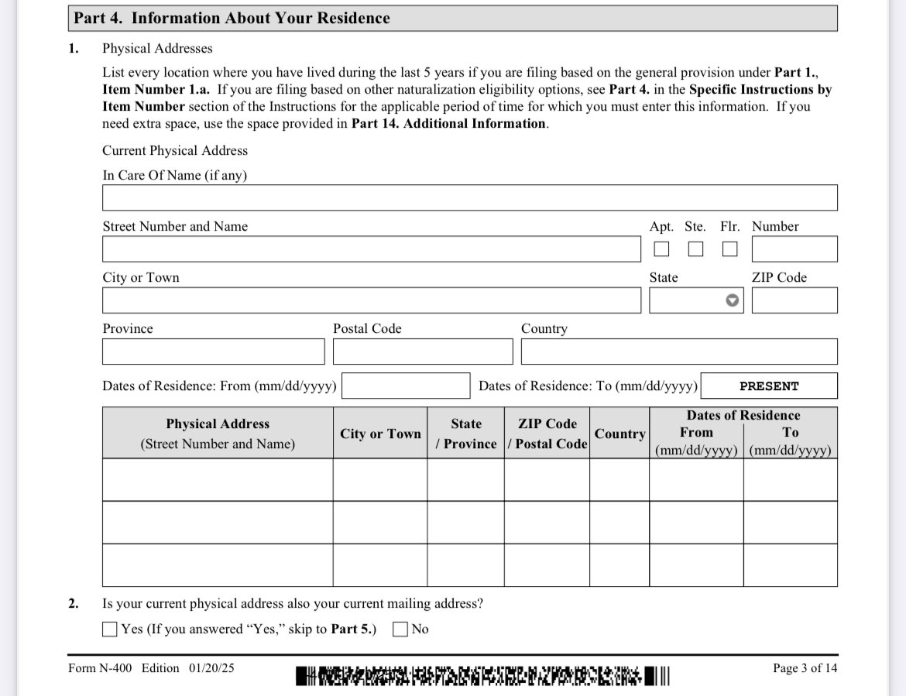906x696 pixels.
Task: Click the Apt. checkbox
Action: click(661, 249)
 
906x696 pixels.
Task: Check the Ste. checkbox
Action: click(695, 249)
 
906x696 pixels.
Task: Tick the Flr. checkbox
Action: click(729, 249)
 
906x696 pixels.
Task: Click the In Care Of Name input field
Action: click(469, 197)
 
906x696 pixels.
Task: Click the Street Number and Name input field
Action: click(371, 249)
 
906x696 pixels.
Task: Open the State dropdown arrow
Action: click(732, 300)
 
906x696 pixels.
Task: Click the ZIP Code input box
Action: click(794, 300)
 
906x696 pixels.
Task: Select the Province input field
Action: click(213, 351)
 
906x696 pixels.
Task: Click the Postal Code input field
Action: click(423, 351)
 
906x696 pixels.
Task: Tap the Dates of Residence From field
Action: click(406, 386)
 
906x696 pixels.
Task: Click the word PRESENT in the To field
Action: click(769, 386)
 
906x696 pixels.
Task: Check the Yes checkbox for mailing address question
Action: click(110, 629)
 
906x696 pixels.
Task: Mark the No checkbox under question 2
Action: click(400, 629)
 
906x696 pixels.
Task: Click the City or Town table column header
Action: click(380, 434)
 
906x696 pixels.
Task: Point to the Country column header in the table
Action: click(619, 434)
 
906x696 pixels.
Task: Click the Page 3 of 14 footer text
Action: click(805, 668)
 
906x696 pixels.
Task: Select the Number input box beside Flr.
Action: click(794, 249)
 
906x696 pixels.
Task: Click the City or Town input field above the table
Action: click(371, 300)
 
